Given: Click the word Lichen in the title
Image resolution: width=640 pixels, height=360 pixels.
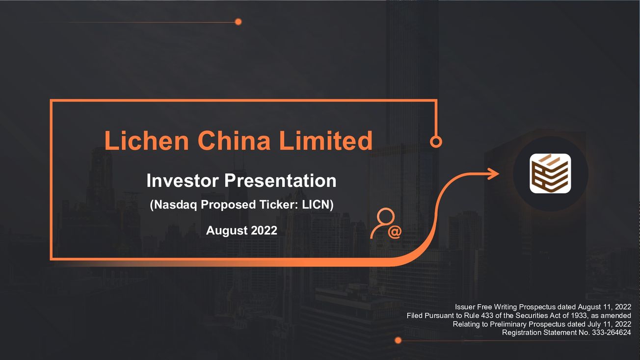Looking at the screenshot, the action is pyautogui.click(x=146, y=140).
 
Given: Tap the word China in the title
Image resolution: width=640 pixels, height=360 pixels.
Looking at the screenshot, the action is pyautogui.click(x=234, y=140).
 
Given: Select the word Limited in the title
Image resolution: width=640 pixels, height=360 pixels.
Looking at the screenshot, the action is pyautogui.click(x=326, y=140).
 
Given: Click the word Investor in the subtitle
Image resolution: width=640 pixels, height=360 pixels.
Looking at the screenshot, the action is pyautogui.click(x=183, y=180).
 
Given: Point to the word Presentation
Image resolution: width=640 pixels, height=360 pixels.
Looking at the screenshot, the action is pyautogui.click(x=280, y=180).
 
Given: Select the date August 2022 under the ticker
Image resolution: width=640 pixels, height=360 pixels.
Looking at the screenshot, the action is pyautogui.click(x=241, y=231).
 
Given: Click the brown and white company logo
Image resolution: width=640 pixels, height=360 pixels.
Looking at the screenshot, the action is pyautogui.click(x=550, y=173).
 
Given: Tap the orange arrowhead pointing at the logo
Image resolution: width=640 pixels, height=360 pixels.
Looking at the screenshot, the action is pyautogui.click(x=493, y=174).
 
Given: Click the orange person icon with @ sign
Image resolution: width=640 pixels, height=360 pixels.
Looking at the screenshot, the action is pyautogui.click(x=386, y=224).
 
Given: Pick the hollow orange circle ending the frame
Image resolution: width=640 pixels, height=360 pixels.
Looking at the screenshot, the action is pyautogui.click(x=436, y=142).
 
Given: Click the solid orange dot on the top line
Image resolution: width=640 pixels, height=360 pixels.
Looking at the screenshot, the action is pyautogui.click(x=239, y=22).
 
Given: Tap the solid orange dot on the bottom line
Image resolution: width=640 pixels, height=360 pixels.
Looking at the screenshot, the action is pyautogui.click(x=398, y=340).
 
